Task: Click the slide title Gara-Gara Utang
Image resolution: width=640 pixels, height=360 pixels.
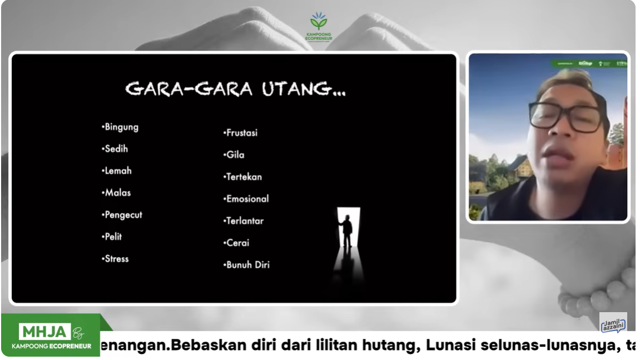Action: point(235,89)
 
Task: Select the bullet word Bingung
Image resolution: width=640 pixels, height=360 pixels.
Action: point(121,127)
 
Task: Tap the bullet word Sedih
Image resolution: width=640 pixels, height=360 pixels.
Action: point(116,149)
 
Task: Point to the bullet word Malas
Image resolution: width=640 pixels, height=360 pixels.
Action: point(117,193)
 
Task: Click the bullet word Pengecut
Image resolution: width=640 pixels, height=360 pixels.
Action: point(123,215)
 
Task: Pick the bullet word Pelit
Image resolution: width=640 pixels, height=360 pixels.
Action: point(113,237)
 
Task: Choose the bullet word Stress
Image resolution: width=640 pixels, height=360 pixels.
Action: point(116,259)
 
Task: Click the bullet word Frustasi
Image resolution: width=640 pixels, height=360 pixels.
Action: point(241,133)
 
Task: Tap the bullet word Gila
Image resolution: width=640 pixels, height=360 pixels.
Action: point(235,155)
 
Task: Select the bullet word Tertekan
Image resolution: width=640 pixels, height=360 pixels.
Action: point(244,177)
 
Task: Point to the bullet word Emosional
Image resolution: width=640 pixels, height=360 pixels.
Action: point(247,199)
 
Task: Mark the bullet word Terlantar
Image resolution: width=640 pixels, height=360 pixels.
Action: point(244,221)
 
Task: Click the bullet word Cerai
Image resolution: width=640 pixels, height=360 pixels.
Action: point(237,243)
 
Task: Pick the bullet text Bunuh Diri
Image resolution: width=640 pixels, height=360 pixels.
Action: point(247,265)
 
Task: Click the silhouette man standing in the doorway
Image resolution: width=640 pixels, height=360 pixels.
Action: point(346,231)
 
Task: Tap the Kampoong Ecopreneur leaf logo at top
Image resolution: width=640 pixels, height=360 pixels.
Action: point(319,22)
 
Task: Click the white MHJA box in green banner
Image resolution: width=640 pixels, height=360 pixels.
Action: point(44,332)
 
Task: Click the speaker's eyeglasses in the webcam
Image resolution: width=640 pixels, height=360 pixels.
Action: point(565,116)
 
